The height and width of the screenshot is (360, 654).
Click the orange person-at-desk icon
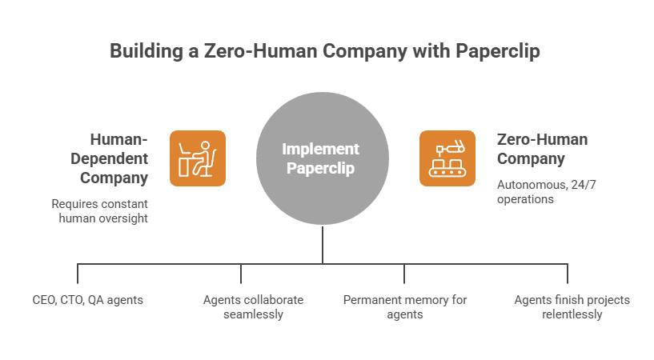coord(197,158)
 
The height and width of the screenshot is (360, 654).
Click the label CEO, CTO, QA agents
coord(78,300)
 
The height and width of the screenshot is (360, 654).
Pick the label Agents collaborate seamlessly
coord(252,307)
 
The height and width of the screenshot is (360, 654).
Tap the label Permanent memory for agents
coord(404,307)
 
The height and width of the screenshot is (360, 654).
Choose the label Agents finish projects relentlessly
coord(571,307)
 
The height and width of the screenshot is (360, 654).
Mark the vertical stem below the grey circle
coord(323,245)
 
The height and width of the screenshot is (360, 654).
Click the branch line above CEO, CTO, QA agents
coord(78,274)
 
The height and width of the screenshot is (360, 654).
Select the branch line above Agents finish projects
coord(568,274)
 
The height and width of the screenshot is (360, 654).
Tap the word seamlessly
coord(252,314)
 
